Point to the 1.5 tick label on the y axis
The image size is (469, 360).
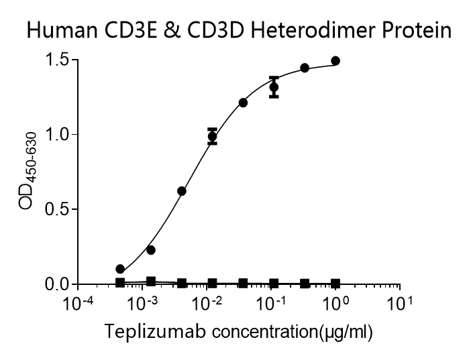54,60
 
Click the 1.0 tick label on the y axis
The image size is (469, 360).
54,135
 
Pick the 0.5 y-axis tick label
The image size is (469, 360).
54,209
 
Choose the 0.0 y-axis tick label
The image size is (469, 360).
54,284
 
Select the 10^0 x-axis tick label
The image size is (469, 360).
337,305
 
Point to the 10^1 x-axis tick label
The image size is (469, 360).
400,305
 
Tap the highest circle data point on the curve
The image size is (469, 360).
335,61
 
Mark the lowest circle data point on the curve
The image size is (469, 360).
120,269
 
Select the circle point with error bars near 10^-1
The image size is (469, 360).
274,87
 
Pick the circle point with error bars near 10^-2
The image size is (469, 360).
212,136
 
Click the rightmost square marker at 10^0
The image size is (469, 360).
335,284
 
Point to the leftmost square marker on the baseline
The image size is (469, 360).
120,283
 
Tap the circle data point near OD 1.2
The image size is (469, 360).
243,103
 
